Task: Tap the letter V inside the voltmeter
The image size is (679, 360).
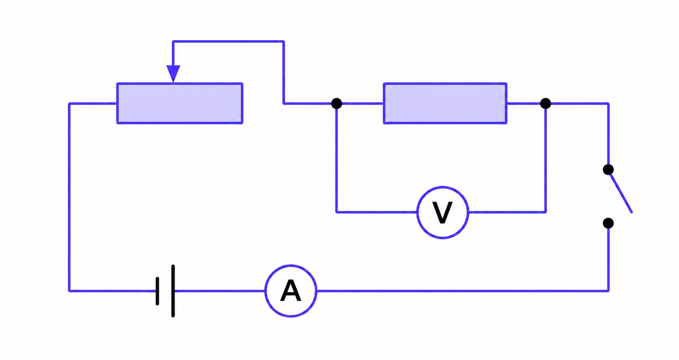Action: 442,213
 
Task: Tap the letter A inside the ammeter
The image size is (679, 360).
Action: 291,291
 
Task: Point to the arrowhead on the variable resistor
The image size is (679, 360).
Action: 173,74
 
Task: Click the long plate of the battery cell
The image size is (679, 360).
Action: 173,291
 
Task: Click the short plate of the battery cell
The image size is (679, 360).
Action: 157,291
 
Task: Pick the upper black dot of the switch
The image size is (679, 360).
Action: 608,170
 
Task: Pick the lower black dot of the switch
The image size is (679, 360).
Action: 608,223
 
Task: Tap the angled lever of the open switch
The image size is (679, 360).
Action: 621,192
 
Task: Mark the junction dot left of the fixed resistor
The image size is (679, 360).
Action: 336,103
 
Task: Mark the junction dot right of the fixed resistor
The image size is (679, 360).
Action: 545,103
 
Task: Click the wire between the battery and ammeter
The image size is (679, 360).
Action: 219,291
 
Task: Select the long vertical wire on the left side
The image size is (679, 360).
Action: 69,197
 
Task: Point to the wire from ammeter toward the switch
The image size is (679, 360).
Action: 463,291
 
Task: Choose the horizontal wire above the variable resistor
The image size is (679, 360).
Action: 228,41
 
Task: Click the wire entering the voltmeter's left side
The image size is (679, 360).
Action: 377,212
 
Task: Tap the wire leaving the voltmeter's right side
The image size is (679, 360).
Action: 507,212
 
